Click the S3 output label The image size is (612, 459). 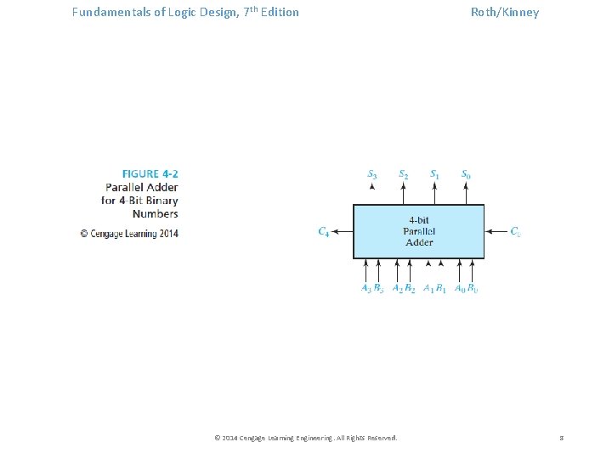tap(372, 174)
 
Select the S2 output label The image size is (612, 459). tap(404, 174)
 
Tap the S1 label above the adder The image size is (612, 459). tap(434, 174)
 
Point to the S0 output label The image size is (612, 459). tap(466, 174)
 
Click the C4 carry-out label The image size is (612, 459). tap(324, 231)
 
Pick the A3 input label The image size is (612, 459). tap(366, 288)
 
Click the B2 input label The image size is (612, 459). tap(410, 288)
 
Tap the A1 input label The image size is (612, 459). tap(428, 288)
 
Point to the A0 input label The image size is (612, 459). tap(459, 288)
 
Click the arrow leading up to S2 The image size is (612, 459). tap(404, 193)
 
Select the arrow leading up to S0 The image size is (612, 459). tap(466, 193)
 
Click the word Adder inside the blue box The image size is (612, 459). tap(419, 242)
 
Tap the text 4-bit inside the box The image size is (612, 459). tap(419, 219)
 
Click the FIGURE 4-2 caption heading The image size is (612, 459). tap(150, 174)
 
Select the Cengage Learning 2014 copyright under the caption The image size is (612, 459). tap(129, 234)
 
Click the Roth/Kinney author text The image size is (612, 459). tap(505, 12)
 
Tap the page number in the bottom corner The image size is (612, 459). tap(561, 438)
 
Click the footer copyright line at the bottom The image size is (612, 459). tap(306, 438)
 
